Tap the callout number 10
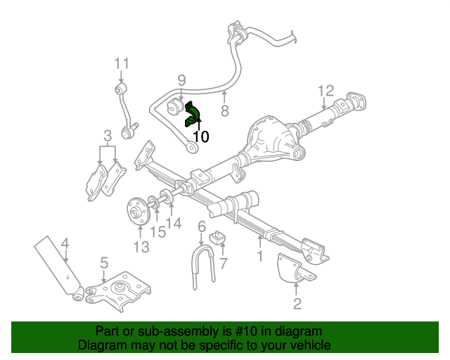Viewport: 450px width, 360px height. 200,137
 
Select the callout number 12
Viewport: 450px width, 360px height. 325,90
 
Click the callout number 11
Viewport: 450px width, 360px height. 122,64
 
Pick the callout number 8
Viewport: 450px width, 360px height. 225,110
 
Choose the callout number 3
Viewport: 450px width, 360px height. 108,135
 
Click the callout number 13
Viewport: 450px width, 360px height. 141,247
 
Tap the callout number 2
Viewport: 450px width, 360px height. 297,303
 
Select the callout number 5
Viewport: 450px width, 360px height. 104,263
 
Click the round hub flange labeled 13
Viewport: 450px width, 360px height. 137,211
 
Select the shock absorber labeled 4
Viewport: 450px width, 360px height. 58,266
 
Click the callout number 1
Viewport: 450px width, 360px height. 259,257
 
